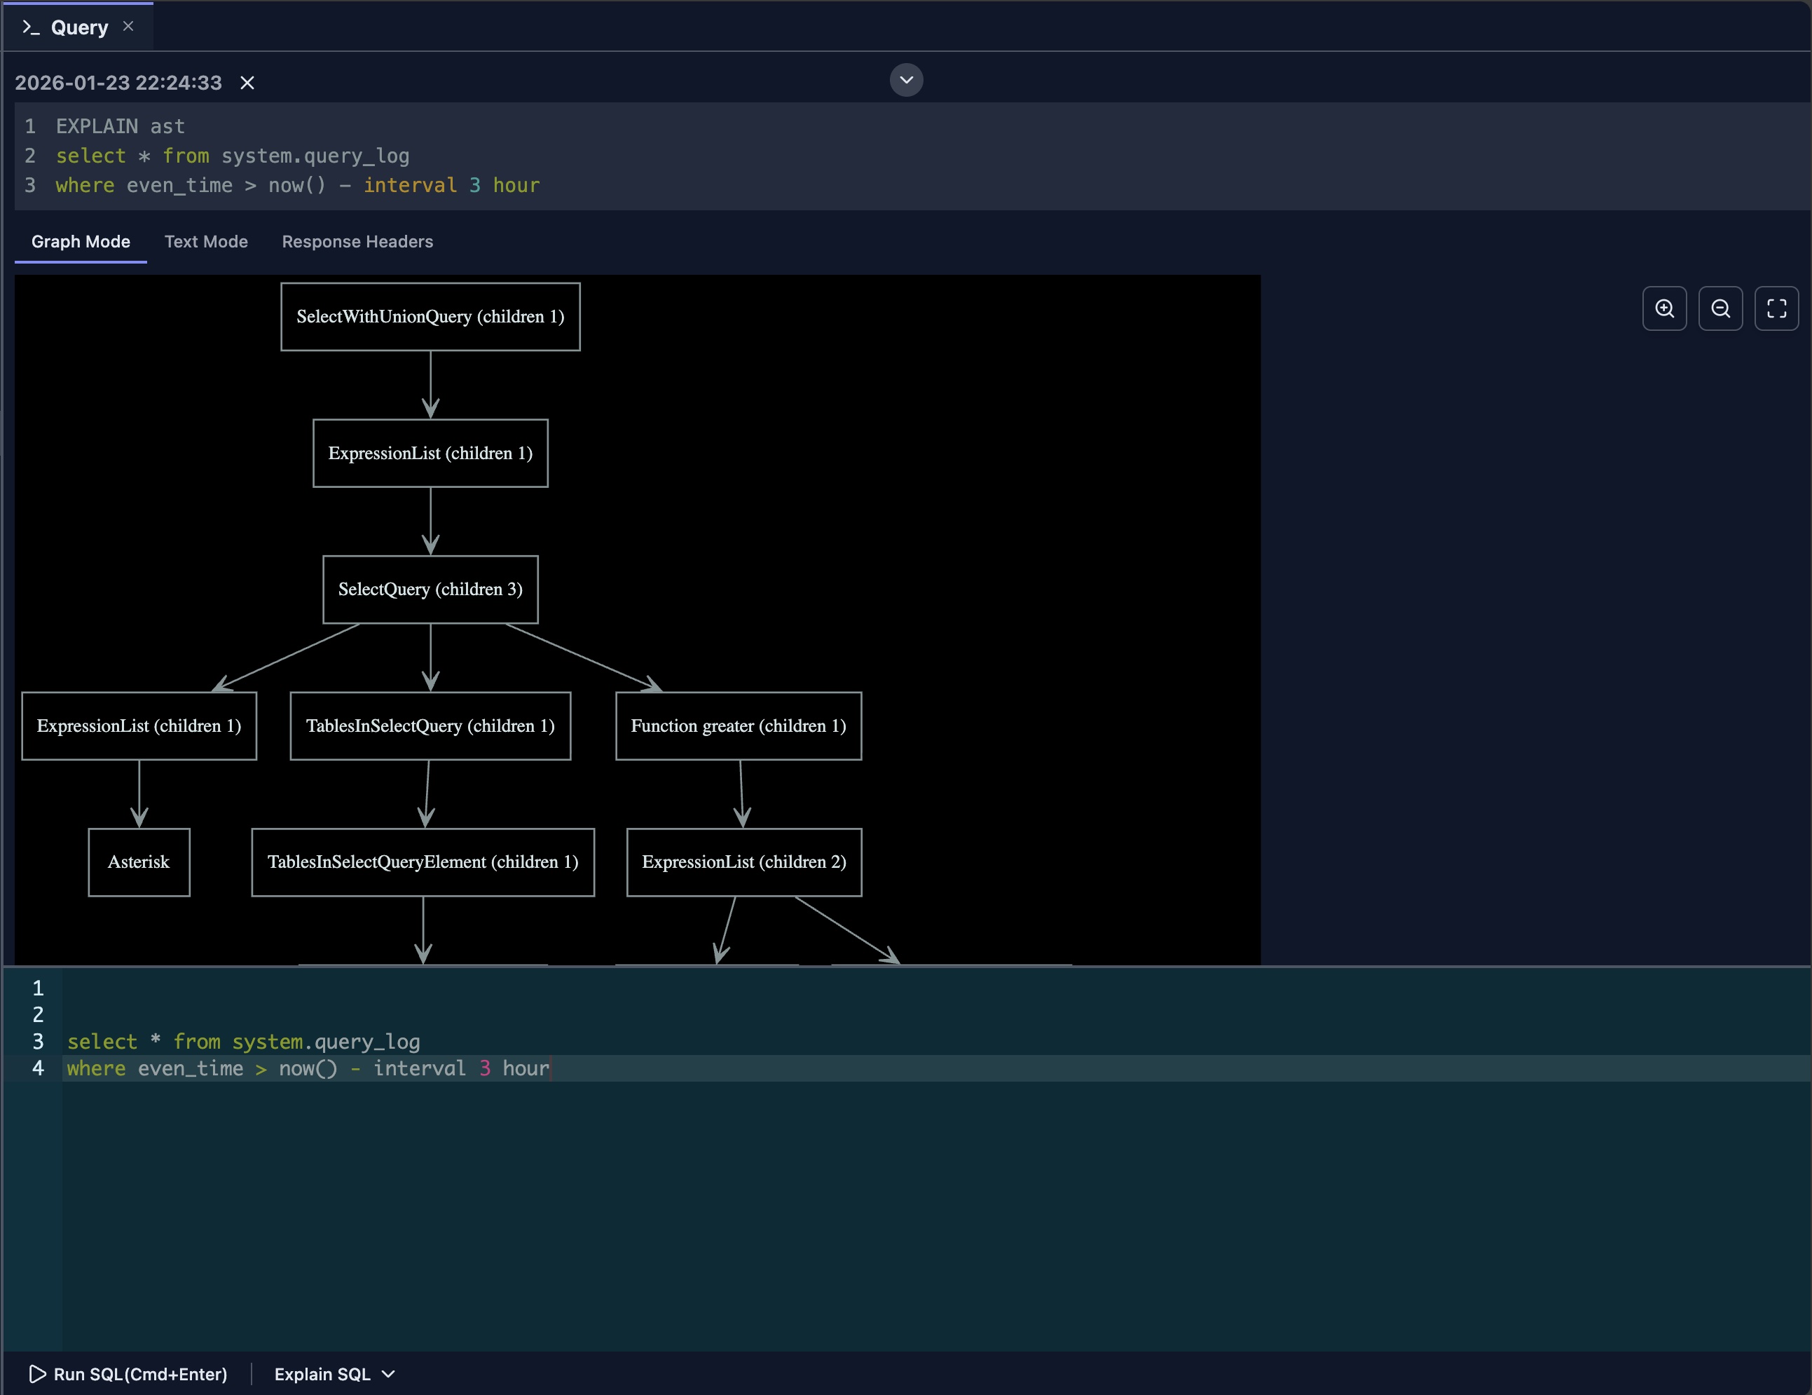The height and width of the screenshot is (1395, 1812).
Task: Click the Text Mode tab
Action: point(206,241)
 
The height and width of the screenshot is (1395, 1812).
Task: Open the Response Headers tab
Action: point(357,241)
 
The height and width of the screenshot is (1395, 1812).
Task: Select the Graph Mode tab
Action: point(81,241)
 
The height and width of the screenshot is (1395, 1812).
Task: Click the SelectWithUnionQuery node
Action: point(430,316)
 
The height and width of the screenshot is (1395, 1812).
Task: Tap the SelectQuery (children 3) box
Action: point(430,590)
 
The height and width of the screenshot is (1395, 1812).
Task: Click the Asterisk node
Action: point(139,862)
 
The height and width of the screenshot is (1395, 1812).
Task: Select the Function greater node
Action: point(738,726)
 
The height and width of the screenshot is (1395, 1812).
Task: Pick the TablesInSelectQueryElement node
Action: point(423,862)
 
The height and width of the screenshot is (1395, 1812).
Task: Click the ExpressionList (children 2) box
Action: point(743,862)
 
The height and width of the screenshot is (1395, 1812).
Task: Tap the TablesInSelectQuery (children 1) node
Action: point(430,726)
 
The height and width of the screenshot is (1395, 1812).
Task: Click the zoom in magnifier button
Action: point(1664,308)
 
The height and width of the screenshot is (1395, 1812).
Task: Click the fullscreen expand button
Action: point(1776,308)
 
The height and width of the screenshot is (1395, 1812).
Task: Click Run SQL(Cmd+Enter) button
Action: point(129,1374)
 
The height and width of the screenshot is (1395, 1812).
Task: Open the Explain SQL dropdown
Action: point(334,1374)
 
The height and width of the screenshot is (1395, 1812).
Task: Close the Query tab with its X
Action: point(128,26)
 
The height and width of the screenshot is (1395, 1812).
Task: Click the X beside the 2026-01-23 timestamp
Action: point(247,83)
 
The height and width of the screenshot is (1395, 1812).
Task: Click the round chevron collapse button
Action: point(906,80)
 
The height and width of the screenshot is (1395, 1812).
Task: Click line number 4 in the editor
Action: point(38,1068)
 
